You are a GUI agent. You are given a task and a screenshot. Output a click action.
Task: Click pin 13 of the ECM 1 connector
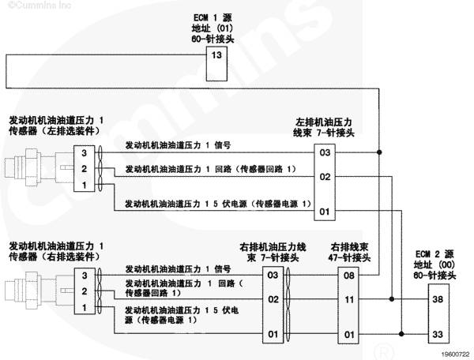coord(216,55)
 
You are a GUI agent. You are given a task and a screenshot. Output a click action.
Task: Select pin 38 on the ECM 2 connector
coord(438,299)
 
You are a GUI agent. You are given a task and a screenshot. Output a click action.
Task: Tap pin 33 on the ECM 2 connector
coord(438,334)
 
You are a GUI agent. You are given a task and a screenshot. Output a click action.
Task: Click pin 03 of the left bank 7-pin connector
coord(325,152)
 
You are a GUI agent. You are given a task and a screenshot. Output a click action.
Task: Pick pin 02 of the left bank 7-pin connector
coord(325,177)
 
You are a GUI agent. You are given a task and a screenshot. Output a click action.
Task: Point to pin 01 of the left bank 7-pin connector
coord(325,212)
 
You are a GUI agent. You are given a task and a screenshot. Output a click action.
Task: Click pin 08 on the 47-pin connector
coord(349,276)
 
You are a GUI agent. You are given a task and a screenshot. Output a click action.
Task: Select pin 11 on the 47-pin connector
coord(349,299)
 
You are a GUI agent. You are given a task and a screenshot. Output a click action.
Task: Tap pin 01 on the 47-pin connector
coord(349,335)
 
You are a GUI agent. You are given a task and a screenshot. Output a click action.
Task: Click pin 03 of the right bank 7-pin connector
coord(273,276)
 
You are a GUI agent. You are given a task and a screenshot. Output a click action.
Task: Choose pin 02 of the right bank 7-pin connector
coord(273,299)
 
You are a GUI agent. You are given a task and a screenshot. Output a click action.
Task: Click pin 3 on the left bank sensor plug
coord(85,153)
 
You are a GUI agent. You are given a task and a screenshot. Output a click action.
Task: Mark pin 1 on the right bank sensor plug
coord(85,308)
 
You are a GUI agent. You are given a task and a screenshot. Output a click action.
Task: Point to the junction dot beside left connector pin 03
coord(379,152)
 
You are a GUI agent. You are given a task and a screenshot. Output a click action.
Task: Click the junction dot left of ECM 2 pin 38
coord(392,299)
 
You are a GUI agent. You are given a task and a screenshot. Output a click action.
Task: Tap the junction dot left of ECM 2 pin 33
coord(401,334)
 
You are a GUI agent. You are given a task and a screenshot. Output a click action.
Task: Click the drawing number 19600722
coord(456,354)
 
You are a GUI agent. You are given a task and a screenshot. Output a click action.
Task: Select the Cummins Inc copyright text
coord(40,5)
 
